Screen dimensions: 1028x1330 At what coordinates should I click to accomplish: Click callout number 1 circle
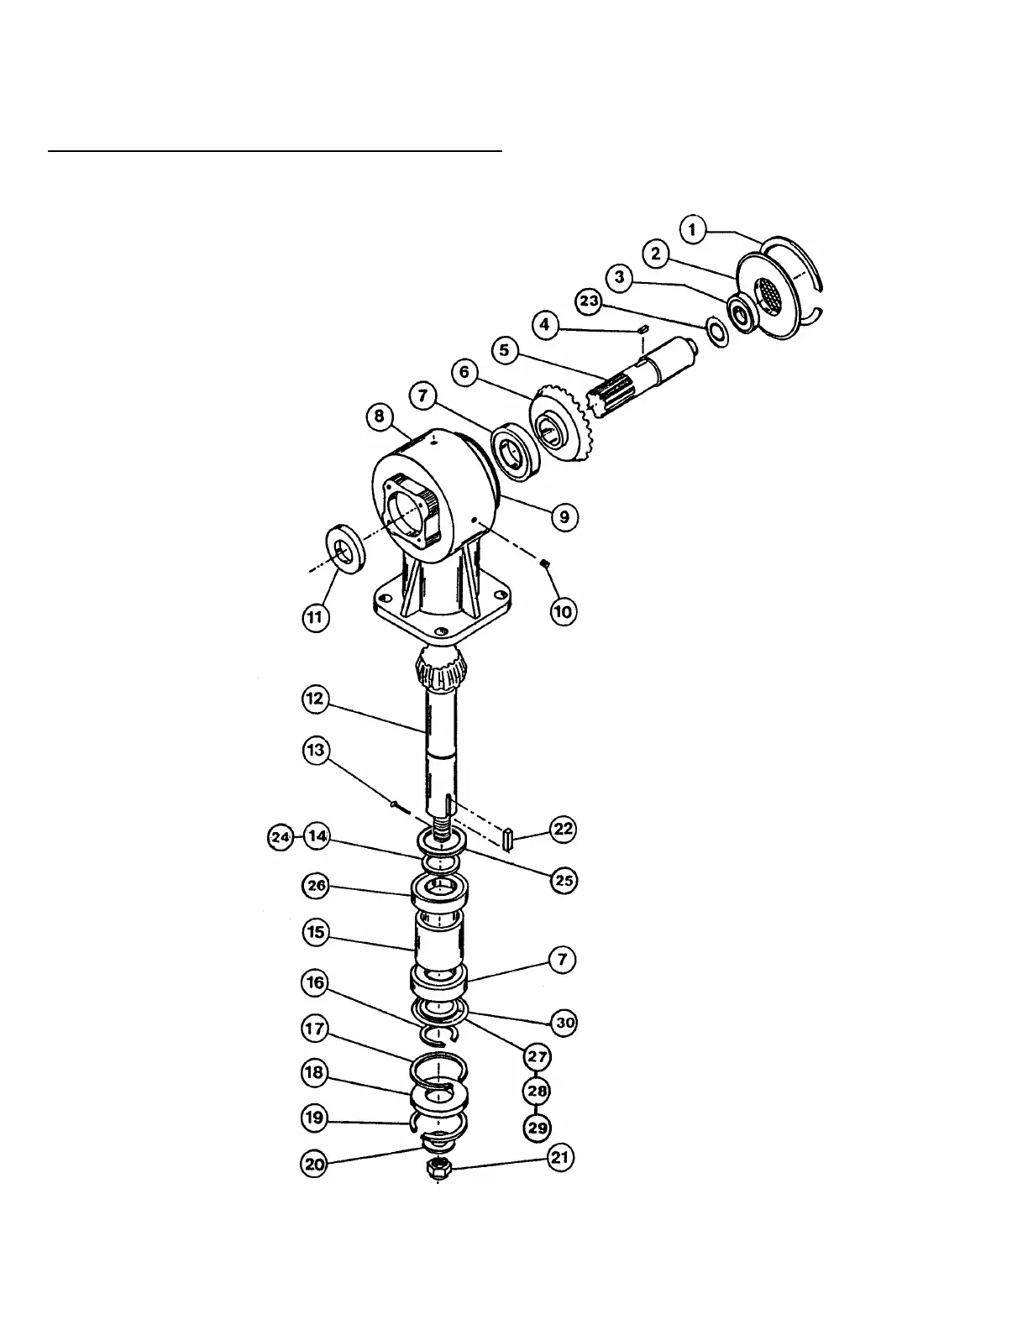click(x=693, y=229)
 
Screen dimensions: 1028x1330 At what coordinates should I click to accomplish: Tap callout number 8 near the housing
click(x=380, y=416)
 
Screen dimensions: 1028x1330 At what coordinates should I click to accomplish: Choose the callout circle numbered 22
click(x=562, y=830)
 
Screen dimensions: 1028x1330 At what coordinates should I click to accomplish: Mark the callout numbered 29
click(x=538, y=1127)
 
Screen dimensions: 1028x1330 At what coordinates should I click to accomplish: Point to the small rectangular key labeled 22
click(x=506, y=838)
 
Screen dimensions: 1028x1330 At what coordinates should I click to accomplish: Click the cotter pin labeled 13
click(x=399, y=807)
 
